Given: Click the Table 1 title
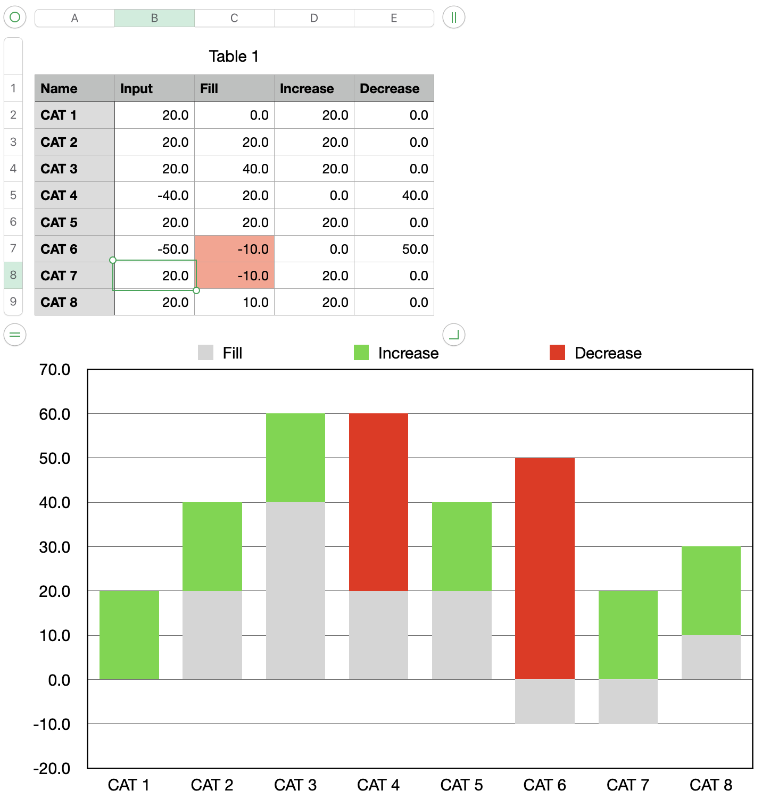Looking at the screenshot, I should pos(234,56).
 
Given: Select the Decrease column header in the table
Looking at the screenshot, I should pos(390,88).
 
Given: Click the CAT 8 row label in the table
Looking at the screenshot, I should pos(59,302).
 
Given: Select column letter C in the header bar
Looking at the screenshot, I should pos(234,18).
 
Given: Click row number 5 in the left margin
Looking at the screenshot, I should pos(13,195).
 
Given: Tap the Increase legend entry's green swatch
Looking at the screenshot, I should pos(361,353).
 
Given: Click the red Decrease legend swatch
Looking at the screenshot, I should pos(557,353).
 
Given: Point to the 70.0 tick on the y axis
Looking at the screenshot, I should pos(55,370).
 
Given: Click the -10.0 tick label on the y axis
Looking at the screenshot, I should pos(52,724).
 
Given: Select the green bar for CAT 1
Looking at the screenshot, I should pos(129,635).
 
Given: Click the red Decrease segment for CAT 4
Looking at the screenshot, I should pos(378,502).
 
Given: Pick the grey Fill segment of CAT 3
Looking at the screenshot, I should pos(295,590).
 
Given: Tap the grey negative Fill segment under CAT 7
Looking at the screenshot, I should pos(628,701).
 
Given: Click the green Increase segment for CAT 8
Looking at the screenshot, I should pos(711,590).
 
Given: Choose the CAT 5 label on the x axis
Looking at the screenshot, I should pos(461,785).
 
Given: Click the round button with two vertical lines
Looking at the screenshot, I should pos(454,18).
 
